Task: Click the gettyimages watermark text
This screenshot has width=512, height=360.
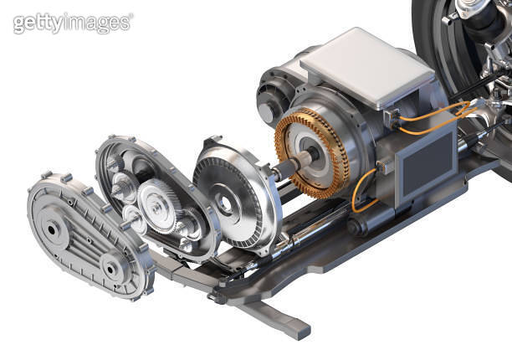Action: coord(72,23)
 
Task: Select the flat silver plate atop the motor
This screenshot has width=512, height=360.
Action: coord(356,65)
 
